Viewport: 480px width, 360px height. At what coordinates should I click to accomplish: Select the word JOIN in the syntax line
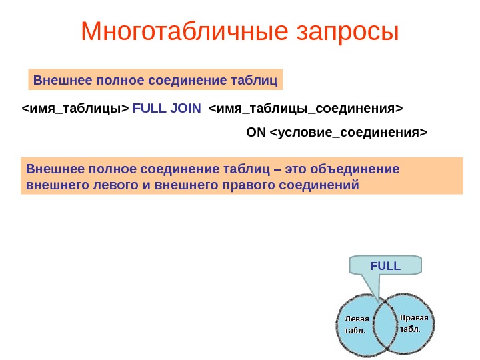185,108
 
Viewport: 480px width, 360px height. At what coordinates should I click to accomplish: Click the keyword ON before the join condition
256,132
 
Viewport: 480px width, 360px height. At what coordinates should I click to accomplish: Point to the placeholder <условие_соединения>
348,132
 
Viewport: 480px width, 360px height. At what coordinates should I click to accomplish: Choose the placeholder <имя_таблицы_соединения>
307,108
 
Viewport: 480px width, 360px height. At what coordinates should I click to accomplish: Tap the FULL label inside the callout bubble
385,265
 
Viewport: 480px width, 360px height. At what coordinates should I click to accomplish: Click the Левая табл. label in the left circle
356,324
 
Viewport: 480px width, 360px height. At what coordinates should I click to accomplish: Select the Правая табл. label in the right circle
413,323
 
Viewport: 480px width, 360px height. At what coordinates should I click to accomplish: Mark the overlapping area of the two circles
384,326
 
